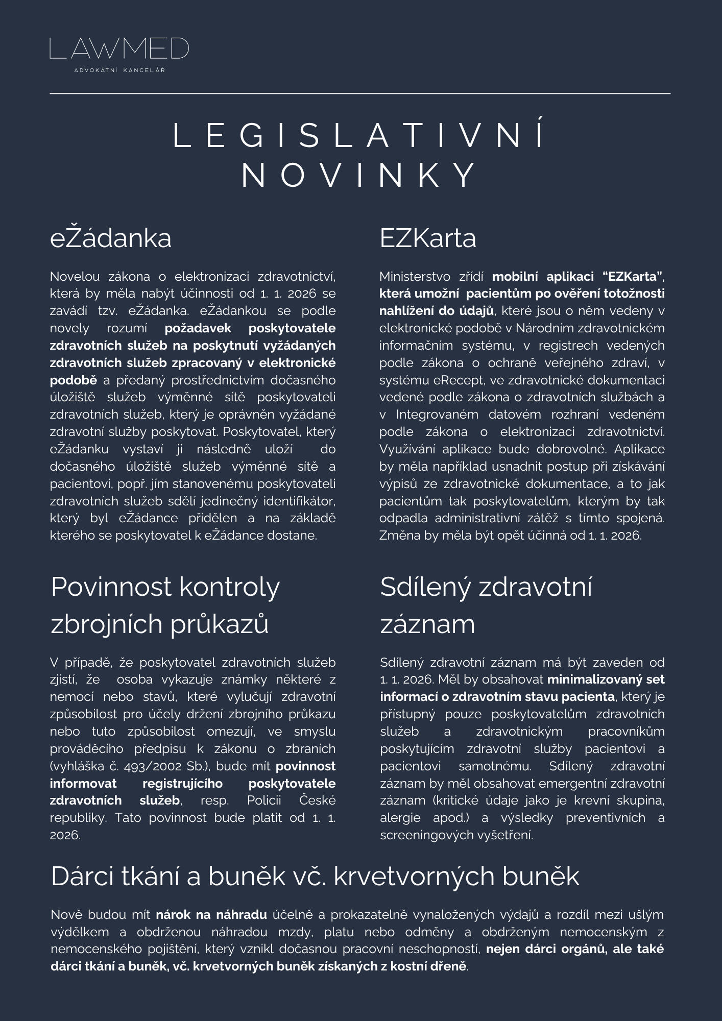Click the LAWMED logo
click(119, 48)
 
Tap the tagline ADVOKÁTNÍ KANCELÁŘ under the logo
click(119, 70)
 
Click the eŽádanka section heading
click(111, 238)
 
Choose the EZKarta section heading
click(427, 238)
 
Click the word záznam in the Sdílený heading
click(427, 624)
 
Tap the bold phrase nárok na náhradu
click(211, 914)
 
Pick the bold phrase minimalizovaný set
click(606, 679)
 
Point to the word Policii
click(264, 800)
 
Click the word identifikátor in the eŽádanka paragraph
click(299, 501)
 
